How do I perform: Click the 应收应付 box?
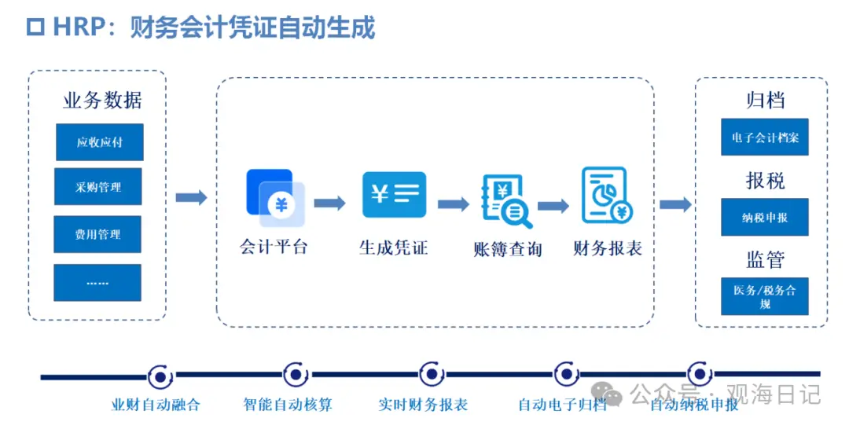coord(99,142)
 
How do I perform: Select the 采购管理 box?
coord(98,187)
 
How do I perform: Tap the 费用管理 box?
coord(97,234)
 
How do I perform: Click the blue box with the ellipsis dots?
coord(97,282)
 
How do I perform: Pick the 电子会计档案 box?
coord(765,138)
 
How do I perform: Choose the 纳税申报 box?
coord(765,218)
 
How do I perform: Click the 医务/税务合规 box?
coord(765,296)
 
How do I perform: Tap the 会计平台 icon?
coord(275,192)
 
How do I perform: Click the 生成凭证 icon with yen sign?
coord(394,194)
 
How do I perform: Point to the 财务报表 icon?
coord(606,196)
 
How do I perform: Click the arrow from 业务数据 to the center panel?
coord(191,197)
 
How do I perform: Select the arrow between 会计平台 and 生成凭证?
coord(329,203)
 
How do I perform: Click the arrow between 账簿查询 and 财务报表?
coord(553,206)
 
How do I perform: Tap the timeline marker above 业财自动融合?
coord(160,377)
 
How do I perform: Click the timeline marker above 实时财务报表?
coord(430,376)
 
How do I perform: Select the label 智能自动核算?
coord(288,405)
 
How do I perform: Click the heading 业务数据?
coord(103,101)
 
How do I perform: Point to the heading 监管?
coord(765,259)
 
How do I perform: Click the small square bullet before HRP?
coord(35,27)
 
